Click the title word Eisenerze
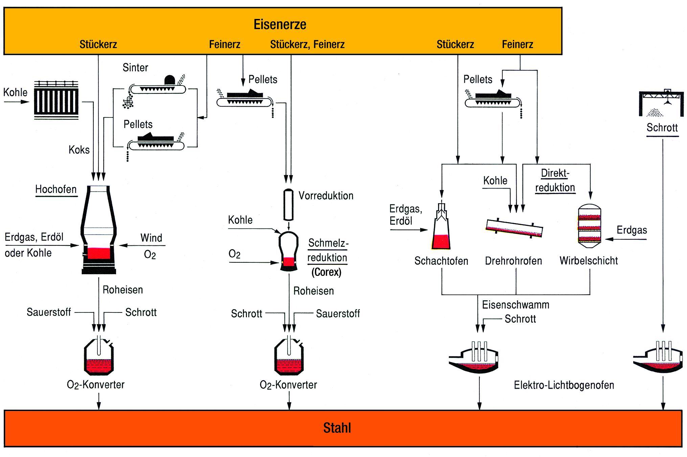[x=280, y=24]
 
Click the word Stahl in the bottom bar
[x=337, y=428]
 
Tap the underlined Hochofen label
[x=56, y=189]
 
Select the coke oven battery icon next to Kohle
[x=56, y=100]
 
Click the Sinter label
[x=135, y=68]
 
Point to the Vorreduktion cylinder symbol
[x=288, y=204]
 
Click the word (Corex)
[x=326, y=272]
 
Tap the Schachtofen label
[x=441, y=261]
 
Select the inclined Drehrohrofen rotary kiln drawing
[x=514, y=229]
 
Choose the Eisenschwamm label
[x=515, y=305]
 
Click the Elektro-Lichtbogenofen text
[x=564, y=385]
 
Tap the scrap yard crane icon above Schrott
[x=661, y=103]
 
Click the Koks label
[x=79, y=150]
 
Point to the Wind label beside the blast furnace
[x=151, y=238]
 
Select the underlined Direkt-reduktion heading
[x=555, y=180]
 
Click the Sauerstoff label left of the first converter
[x=49, y=312]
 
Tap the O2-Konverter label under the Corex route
[x=288, y=385]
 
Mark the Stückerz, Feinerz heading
[x=307, y=44]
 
